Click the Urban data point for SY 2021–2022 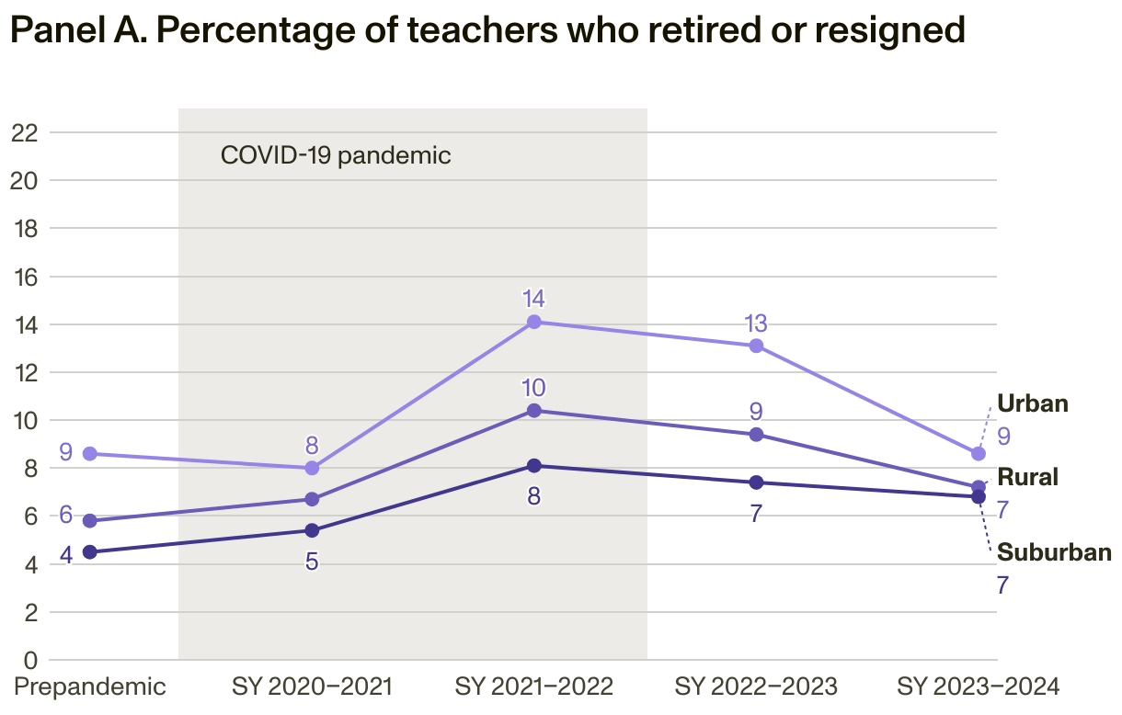coord(533,322)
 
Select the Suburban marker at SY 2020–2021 coord(312,530)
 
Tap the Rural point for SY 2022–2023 coord(756,435)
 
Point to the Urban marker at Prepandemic coord(89,454)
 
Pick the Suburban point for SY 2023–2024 coord(979,497)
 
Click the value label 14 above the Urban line coord(533,299)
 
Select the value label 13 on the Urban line coord(756,323)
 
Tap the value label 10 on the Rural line coord(533,387)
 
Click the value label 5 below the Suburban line coord(312,561)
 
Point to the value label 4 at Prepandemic coord(66,555)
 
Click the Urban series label coord(1033,403)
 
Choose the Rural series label coord(1028,477)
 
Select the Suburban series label coord(1054,552)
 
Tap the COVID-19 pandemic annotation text coord(336,154)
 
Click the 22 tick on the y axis coord(25,132)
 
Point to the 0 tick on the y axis coord(30,660)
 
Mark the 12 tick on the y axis coord(25,372)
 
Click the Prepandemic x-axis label coord(90,687)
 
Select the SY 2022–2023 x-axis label coord(756,687)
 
